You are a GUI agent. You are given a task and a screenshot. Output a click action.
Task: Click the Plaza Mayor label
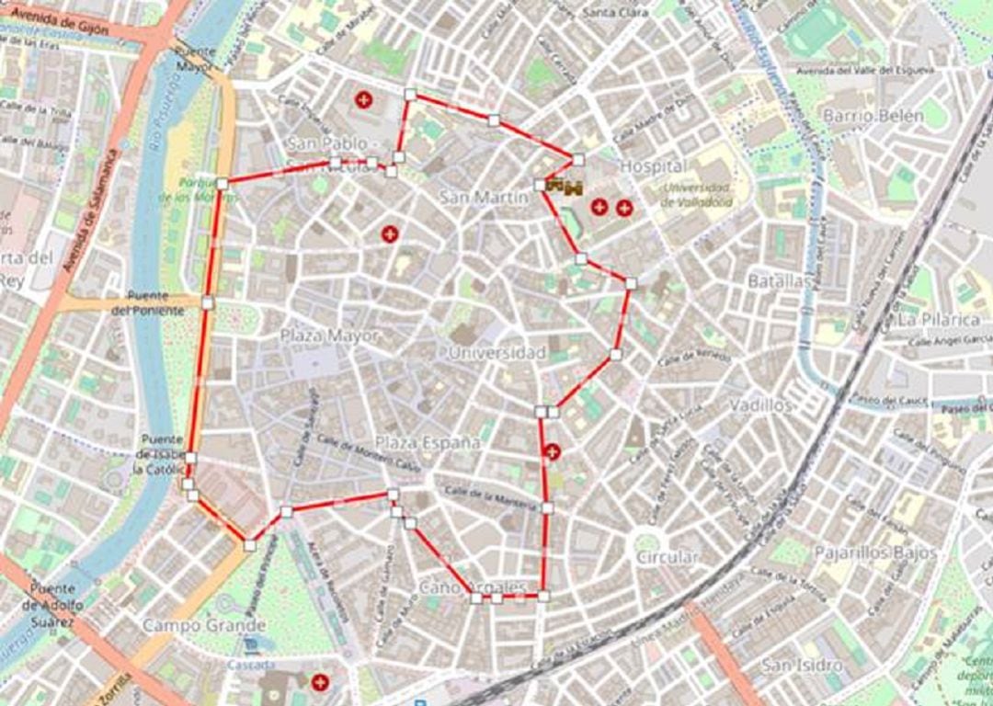[x=329, y=336]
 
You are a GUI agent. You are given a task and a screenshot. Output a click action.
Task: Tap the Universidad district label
[x=497, y=353]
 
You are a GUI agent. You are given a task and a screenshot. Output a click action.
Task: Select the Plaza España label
[x=428, y=443]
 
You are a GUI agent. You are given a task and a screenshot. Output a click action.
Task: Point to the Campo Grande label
[x=204, y=626]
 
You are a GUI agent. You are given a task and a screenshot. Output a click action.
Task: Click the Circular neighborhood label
[x=667, y=557]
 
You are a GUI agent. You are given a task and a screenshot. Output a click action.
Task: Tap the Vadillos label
[x=760, y=405]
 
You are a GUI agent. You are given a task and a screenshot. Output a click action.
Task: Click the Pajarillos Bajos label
[x=874, y=552]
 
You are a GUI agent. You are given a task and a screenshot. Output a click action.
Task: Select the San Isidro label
[x=804, y=665]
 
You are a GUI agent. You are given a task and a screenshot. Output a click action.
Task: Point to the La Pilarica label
[x=939, y=320]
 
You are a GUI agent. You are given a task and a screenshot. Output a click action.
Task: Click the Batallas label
[x=778, y=281]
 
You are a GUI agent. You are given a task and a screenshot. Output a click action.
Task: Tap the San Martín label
[x=485, y=197]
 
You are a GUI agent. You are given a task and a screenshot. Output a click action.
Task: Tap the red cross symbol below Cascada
[x=320, y=682]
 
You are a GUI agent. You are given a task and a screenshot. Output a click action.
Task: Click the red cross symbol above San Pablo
[x=364, y=99]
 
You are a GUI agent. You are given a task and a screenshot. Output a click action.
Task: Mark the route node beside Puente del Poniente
[x=208, y=302]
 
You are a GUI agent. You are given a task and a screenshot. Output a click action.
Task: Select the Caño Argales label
[x=473, y=586]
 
